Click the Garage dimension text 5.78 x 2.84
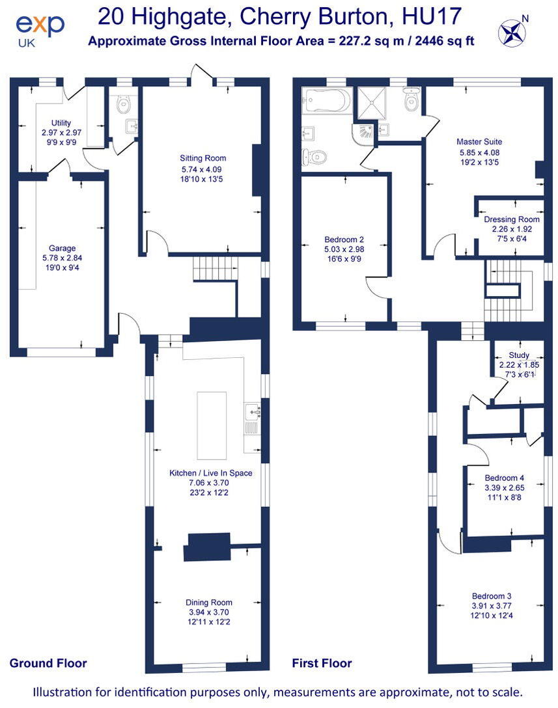tap(62, 257)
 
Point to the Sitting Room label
tap(202, 158)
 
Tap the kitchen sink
tap(253, 411)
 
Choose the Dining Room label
tap(208, 603)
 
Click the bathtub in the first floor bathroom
tap(326, 101)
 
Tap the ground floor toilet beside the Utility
tap(124, 105)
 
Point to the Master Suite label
tap(479, 141)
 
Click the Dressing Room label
tap(511, 219)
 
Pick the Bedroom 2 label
tap(344, 239)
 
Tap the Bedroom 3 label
tap(492, 595)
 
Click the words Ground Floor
tap(48, 663)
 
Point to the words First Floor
tap(322, 663)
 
